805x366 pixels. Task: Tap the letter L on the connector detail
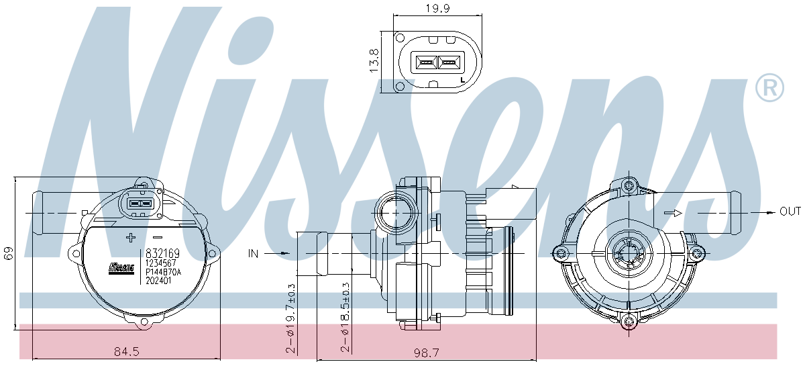coord(463,80)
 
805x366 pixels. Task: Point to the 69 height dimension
coord(9,254)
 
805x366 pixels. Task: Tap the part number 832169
coord(162,254)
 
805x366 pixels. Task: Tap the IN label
coord(253,254)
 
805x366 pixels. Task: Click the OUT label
coord(790,212)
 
